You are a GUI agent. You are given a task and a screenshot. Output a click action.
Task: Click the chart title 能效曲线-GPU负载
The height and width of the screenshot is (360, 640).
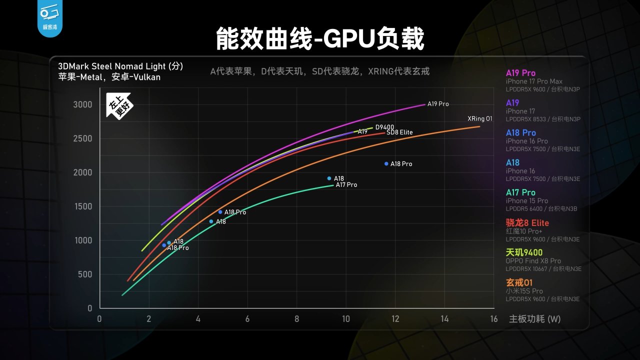320,39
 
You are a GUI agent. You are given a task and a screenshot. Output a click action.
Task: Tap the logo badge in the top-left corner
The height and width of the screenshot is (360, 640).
49,18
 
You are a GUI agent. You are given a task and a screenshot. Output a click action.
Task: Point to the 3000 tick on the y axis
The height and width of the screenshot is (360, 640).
83,104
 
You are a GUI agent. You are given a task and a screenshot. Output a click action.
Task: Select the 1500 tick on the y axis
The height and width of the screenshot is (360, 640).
83,206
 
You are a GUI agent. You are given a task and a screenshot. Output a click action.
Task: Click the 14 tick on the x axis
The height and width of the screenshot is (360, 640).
444,319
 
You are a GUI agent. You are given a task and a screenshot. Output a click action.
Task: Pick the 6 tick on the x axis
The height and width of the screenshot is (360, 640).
247,319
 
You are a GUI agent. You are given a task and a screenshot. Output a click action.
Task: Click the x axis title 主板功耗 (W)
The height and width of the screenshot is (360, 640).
534,319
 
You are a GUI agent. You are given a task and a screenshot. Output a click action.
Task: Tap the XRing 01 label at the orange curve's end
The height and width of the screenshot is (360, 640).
480,119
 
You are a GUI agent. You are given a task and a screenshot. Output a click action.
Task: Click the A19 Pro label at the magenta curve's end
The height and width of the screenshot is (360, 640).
438,104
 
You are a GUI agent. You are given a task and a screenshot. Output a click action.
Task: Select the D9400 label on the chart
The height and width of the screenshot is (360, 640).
385,127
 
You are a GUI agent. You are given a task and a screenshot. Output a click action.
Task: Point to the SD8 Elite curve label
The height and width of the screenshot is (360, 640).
399,132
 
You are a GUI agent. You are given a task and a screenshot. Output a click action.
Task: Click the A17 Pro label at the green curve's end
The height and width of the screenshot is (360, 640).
346,185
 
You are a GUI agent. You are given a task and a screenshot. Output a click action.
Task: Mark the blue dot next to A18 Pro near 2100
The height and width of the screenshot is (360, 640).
386,163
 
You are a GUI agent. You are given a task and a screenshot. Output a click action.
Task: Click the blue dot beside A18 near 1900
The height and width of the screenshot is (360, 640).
329,178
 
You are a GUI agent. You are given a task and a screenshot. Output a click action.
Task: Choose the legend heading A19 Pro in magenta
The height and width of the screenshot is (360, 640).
520,73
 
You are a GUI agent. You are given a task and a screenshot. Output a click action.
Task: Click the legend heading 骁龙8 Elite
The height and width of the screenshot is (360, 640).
527,222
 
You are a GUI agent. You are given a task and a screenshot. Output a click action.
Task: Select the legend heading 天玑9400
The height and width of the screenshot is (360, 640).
524,252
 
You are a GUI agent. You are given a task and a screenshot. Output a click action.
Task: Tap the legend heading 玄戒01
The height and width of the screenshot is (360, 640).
519,282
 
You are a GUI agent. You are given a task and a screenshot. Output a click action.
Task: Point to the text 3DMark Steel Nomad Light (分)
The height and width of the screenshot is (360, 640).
120,66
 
